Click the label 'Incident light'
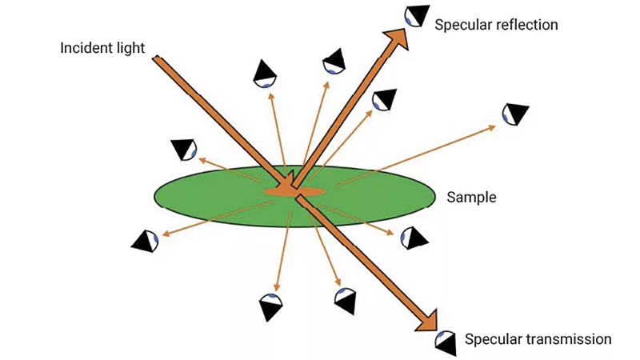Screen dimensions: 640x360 102,48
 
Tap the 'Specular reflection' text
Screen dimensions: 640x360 496,25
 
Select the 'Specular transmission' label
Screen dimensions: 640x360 538,339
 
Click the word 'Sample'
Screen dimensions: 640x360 471,197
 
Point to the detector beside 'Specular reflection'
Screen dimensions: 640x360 417,15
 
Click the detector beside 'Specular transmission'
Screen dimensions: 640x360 446,343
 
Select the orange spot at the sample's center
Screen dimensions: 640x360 294,191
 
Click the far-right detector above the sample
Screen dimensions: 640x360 515,114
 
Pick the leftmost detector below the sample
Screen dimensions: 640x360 145,241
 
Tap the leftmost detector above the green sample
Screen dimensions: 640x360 184,150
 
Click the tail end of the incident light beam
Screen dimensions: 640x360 156,58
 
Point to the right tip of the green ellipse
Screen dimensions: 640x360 435,197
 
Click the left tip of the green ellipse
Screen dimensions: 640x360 154,197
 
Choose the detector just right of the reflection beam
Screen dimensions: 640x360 384,99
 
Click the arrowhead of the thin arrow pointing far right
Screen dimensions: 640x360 492,127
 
